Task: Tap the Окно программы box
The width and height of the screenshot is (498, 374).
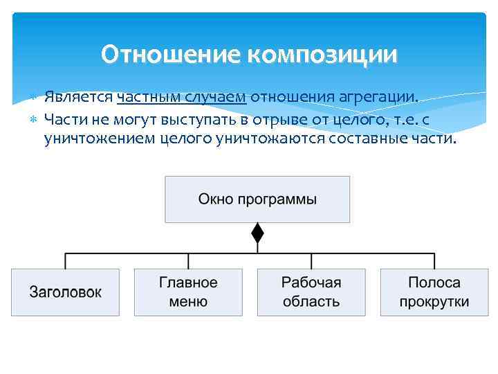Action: [257, 199]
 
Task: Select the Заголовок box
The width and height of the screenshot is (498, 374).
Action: [65, 292]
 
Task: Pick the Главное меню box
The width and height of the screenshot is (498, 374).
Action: [188, 292]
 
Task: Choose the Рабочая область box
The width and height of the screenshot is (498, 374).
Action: [311, 292]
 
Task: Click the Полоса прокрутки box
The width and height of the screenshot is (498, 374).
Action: [434, 292]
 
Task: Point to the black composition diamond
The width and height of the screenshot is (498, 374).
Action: [257, 233]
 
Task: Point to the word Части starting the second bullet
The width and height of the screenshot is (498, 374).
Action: [64, 119]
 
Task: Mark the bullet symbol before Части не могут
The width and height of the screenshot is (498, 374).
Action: [35, 120]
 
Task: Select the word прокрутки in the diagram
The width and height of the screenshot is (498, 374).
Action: [434, 302]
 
